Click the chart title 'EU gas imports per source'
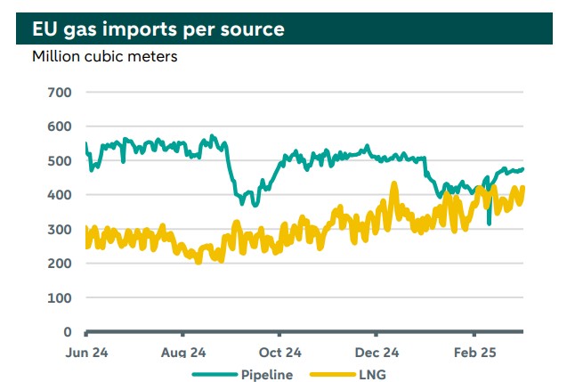pos(158,29)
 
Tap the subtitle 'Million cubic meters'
pos(105,57)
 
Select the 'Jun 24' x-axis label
pos(87,353)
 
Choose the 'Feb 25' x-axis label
pos(475,353)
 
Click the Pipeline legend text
pos(266,375)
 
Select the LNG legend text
pos(373,375)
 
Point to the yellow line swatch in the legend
pos(331,375)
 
